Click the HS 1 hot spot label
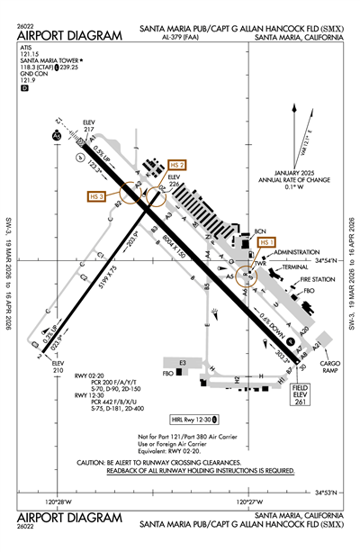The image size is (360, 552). (266, 243)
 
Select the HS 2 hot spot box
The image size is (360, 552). (177, 165)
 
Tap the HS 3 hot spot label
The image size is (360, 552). (98, 196)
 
